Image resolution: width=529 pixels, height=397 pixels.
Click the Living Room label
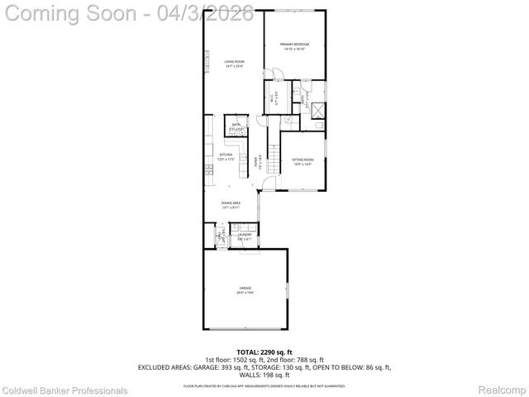click(x=234, y=61)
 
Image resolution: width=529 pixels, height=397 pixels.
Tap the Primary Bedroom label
click(x=294, y=44)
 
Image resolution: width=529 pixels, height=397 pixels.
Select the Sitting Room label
click(x=303, y=159)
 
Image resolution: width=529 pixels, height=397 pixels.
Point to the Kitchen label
click(x=226, y=155)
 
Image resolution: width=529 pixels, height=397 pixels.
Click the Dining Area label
click(x=231, y=203)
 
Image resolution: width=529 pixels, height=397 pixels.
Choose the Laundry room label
click(x=245, y=235)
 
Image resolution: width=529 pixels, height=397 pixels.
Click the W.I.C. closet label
click(x=273, y=98)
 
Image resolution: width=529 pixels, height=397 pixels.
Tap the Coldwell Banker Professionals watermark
click(x=64, y=390)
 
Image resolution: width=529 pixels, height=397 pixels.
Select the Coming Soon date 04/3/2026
click(x=207, y=14)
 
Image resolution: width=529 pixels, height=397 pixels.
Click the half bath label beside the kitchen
click(x=236, y=126)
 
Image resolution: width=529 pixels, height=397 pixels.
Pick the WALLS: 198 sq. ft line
click(x=264, y=375)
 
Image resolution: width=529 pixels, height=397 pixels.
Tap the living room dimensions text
click(x=234, y=66)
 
